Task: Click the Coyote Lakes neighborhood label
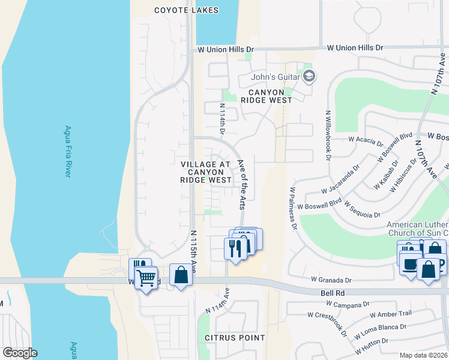coord(186,10)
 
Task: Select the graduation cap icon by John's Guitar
coord(309,76)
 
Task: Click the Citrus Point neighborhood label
coord(235,338)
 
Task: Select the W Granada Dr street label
coord(331,280)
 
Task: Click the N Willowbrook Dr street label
coord(328,136)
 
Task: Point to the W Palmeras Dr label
coord(294,208)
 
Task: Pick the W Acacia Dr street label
coord(366,141)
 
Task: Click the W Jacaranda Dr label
coord(340,182)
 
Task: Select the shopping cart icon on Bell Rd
coord(146,278)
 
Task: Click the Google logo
coord(20,353)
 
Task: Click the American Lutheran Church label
coord(417,229)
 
